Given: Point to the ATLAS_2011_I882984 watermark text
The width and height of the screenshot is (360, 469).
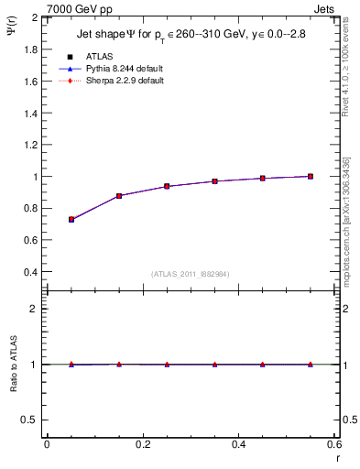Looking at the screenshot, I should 191,273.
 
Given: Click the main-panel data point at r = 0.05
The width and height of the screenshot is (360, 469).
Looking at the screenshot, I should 71,220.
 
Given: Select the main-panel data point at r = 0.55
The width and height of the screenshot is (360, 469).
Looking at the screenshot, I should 311,176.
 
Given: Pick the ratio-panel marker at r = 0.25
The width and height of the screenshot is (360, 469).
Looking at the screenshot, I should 167,364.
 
